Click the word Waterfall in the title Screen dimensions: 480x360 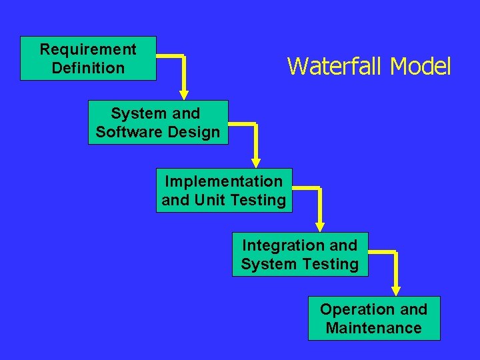click(336, 67)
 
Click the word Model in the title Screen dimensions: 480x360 click(421, 67)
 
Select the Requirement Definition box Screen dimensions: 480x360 click(88, 59)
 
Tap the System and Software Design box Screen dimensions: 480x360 click(157, 123)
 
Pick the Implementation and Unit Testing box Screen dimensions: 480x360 click(224, 191)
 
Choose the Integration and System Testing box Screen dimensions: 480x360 click(300, 255)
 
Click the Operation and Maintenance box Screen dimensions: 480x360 click(374, 319)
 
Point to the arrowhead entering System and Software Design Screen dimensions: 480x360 click(183, 95)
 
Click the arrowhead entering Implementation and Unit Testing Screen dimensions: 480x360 click(256, 162)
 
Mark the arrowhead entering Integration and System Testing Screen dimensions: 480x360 click(320, 226)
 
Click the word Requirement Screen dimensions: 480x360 click(88, 49)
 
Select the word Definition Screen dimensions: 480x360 click(88, 68)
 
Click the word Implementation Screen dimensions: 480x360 click(224, 181)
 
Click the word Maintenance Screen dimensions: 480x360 click(374, 328)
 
